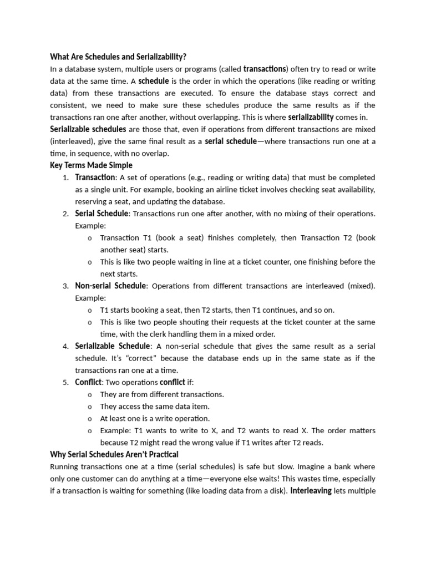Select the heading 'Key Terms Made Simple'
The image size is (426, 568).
(91, 165)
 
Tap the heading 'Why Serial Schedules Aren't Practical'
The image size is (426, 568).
(114, 455)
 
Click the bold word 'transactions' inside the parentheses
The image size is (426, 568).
(265, 69)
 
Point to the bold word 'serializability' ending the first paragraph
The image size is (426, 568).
(311, 117)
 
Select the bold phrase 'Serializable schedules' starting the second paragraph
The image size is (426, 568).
(88, 129)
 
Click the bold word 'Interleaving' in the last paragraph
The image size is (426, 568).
(311, 491)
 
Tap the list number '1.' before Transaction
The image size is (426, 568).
(65, 177)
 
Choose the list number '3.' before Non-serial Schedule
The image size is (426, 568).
(65, 286)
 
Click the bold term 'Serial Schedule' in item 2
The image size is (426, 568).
(102, 214)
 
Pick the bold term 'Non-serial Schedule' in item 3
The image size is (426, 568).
(110, 286)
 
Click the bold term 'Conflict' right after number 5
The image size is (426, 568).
(88, 382)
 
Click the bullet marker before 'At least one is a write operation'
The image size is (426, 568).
(89, 419)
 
